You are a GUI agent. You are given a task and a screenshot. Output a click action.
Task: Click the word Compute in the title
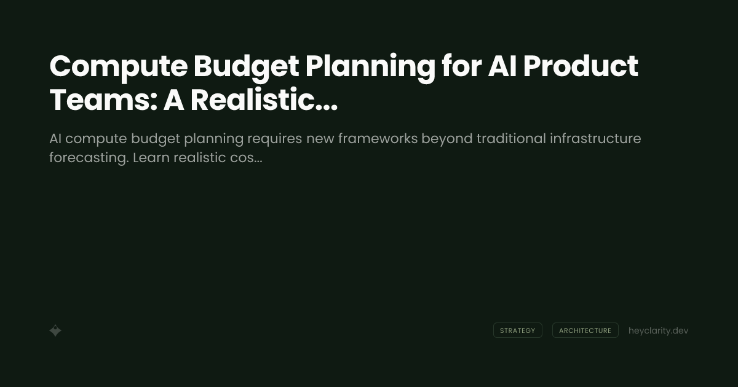[118, 67]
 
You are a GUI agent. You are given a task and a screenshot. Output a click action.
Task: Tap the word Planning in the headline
[370, 67]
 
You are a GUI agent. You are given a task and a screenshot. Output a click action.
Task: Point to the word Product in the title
[580, 67]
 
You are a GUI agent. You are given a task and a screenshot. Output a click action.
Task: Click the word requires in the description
[274, 139]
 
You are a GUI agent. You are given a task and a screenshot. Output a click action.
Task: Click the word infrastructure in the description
[595, 139]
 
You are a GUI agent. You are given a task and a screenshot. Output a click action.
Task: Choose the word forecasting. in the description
[89, 158]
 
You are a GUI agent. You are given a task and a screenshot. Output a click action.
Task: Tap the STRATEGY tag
[517, 330]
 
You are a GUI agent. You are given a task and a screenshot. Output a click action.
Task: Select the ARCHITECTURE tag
[585, 330]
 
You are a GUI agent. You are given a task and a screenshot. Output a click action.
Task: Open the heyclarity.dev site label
[658, 330]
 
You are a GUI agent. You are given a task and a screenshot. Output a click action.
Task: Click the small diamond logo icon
[55, 330]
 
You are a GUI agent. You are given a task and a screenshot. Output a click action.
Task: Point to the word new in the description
[320, 139]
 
